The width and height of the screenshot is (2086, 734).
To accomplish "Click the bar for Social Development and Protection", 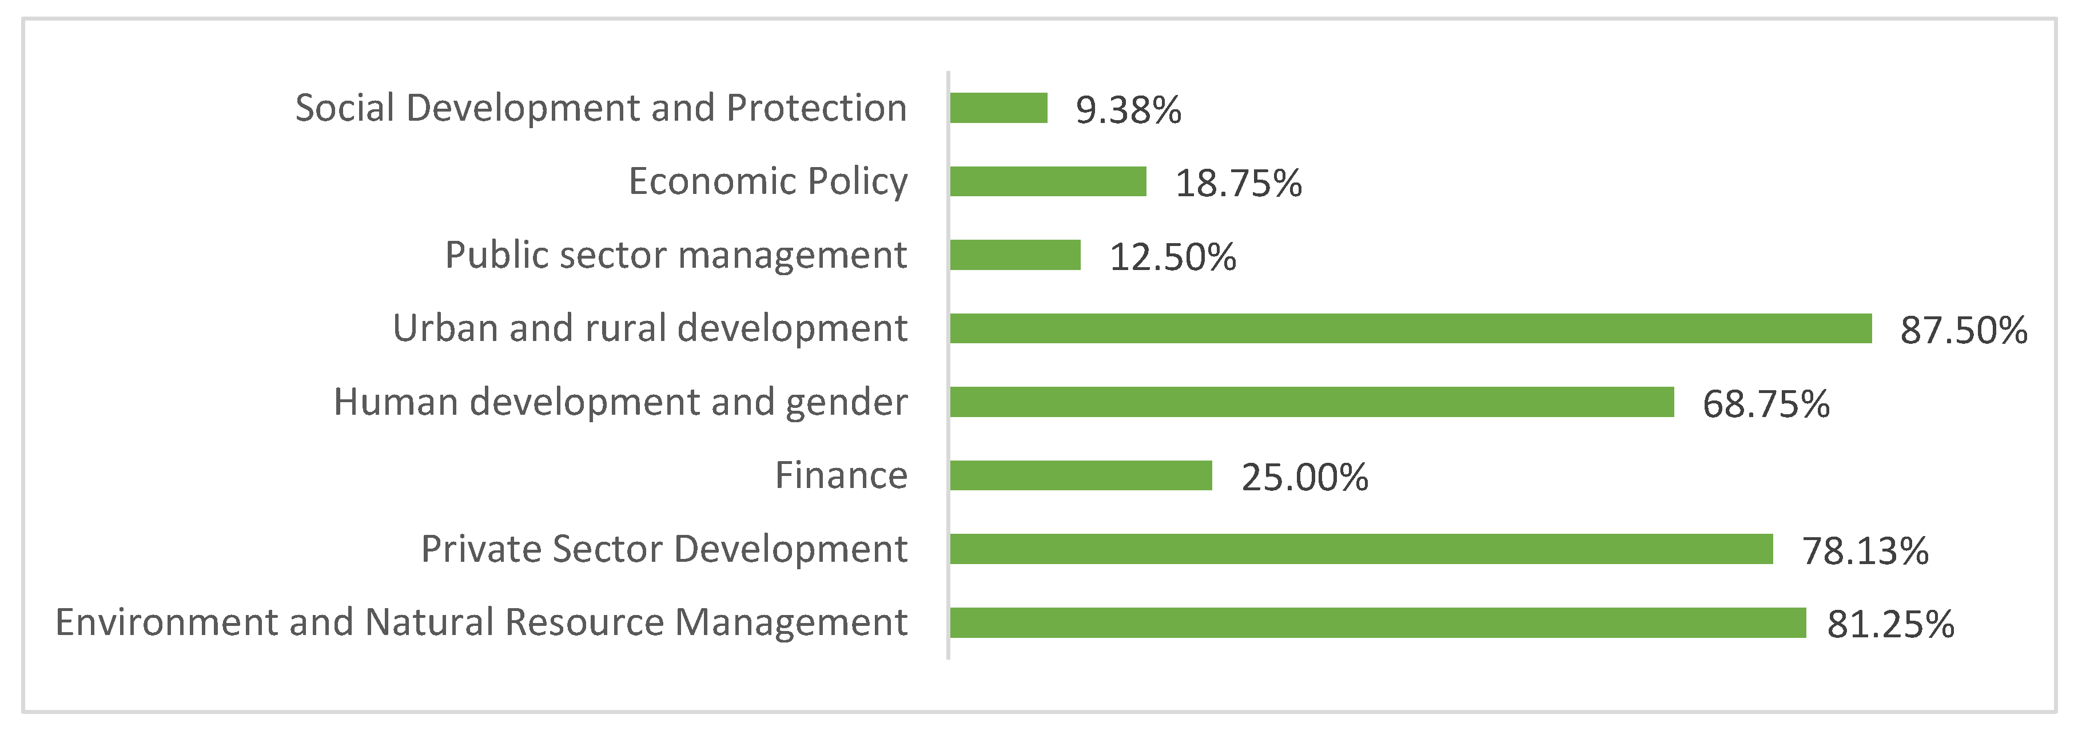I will (x=998, y=108).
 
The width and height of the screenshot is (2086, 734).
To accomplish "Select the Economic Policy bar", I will (x=1048, y=181).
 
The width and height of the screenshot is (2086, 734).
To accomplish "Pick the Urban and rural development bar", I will (x=1411, y=329).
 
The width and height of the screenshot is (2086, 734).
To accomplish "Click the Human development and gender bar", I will (x=1312, y=402).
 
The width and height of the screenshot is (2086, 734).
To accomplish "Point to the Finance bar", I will (x=1081, y=475).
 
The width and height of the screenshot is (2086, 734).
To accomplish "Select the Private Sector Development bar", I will (x=1362, y=549).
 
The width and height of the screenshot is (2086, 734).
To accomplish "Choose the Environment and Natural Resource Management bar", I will (x=1378, y=622).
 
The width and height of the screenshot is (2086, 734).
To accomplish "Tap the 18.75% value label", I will (x=1238, y=184).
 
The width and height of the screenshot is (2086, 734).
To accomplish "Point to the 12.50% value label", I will (x=1173, y=257).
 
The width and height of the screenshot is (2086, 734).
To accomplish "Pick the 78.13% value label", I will (x=1865, y=552).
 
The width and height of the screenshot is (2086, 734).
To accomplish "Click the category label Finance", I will (x=841, y=475).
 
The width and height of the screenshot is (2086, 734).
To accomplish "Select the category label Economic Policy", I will (x=768, y=181).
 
